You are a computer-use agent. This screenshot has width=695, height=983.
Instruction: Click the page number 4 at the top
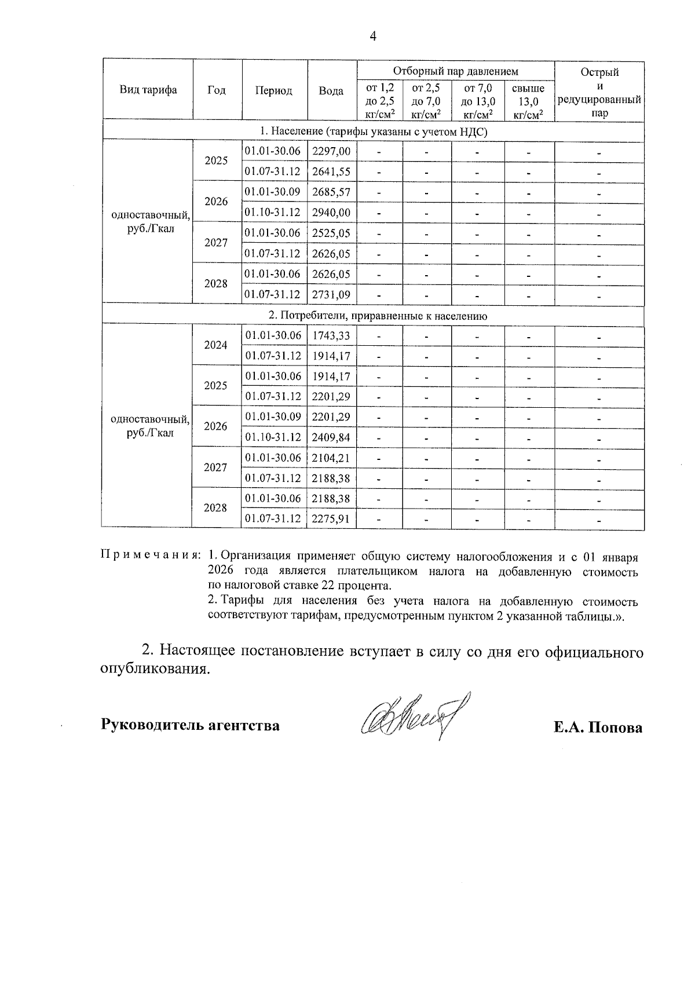(x=373, y=36)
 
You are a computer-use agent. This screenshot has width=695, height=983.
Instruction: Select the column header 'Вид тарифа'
(x=148, y=90)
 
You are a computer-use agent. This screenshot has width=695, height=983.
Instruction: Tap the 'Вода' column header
(x=331, y=91)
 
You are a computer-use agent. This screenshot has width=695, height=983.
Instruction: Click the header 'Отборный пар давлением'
(x=456, y=71)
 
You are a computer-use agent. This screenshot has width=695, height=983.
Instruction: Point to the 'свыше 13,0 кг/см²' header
(x=529, y=101)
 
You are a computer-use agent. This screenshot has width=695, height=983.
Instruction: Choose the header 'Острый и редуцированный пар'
(x=599, y=92)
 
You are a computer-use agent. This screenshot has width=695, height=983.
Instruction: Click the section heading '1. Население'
(x=374, y=132)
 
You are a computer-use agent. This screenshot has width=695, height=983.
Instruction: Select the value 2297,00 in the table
(x=331, y=152)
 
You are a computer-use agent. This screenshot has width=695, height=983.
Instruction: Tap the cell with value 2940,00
(x=331, y=213)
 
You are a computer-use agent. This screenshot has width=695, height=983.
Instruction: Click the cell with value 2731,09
(x=331, y=294)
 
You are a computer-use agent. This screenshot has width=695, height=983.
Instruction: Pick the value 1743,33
(x=331, y=335)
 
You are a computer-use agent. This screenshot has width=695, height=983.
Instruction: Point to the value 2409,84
(x=331, y=437)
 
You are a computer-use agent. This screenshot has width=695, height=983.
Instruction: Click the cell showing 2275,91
(x=331, y=519)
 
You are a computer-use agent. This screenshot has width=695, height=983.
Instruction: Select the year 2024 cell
(x=216, y=345)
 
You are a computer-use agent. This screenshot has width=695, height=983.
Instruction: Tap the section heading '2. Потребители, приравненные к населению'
(x=374, y=316)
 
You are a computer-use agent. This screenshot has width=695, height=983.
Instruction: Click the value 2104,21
(x=331, y=458)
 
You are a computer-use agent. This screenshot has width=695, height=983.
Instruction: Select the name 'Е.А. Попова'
(x=598, y=728)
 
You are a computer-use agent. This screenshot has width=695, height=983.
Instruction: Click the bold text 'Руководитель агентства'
(x=191, y=725)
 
